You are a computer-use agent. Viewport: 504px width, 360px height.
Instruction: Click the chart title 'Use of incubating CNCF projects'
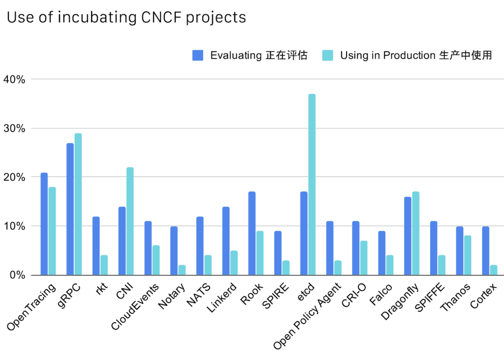[126, 18]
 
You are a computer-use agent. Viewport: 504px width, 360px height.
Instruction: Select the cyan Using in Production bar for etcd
[312, 184]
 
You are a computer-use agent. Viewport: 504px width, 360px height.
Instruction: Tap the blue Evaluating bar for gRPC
[70, 209]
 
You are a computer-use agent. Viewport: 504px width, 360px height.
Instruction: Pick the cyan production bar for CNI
[130, 221]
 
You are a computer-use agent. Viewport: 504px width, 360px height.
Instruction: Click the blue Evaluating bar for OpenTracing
[44, 224]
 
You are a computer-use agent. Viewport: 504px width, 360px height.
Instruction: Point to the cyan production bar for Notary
[182, 270]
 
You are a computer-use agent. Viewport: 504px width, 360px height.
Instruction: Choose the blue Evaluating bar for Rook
[252, 233]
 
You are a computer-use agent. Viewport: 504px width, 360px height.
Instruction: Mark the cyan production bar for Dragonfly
[415, 233]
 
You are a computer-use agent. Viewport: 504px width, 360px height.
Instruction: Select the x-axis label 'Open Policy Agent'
[307, 315]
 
